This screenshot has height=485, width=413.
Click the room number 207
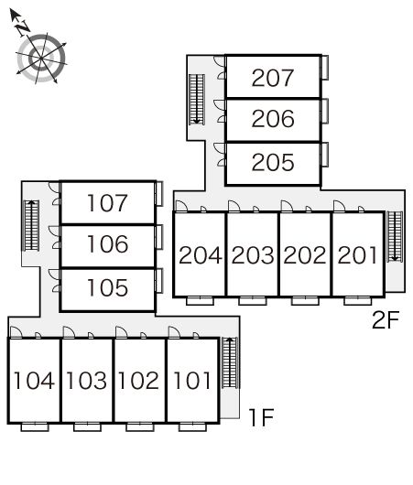coord(273,78)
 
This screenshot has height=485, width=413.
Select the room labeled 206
coord(273,119)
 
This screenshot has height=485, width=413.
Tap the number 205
coord(273,162)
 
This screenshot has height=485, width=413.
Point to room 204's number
coord(201,255)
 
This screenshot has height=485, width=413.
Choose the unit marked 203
coord(253,255)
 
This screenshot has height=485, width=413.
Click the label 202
coord(305,255)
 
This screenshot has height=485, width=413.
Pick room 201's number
coord(357,255)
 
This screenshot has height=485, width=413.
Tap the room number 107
coord(107,203)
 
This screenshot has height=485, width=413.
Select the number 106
coord(107,244)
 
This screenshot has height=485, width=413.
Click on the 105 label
coord(107,287)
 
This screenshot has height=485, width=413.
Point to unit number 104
coord(34,381)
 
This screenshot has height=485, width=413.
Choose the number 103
coord(87,381)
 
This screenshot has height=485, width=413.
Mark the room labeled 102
coord(138,381)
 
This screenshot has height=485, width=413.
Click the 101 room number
coord(192,381)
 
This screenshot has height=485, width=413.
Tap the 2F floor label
coord(386,320)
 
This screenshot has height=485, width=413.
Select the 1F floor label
coord(261,417)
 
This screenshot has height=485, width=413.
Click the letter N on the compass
coord(23,28)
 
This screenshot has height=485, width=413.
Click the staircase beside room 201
coord(395,237)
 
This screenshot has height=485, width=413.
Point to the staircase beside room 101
coord(230,362)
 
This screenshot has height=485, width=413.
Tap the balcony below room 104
coord(35,427)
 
